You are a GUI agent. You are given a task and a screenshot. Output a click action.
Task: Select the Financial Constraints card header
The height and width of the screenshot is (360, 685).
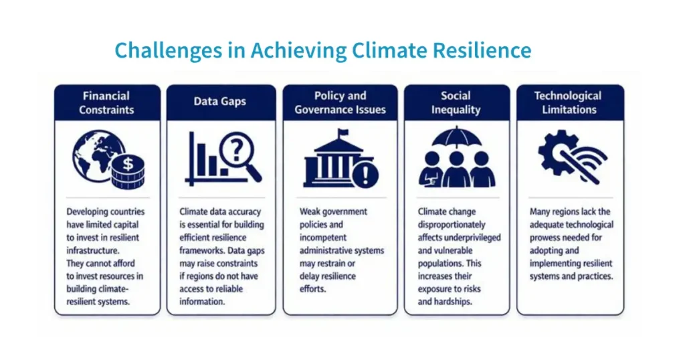[107, 102]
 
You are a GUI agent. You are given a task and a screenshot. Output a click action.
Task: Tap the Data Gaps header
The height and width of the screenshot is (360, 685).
[220, 102]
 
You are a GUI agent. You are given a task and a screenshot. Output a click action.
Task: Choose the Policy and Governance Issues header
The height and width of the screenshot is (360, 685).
[340, 102]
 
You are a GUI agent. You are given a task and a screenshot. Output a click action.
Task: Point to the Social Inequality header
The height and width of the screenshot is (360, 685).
[456, 102]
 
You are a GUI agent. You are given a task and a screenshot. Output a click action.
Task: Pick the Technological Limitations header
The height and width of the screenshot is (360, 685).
[568, 102]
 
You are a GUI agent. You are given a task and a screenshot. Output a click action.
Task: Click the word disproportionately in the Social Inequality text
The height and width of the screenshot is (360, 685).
[452, 225]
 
